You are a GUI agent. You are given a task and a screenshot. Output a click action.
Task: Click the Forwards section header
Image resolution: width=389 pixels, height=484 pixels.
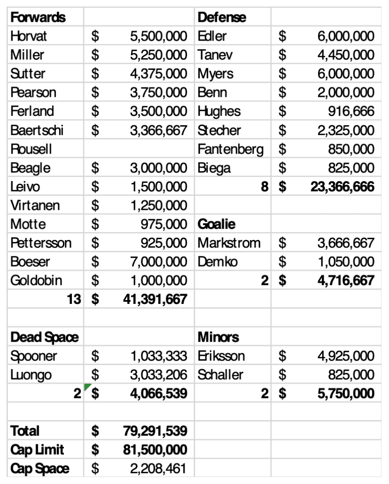pos(38,17)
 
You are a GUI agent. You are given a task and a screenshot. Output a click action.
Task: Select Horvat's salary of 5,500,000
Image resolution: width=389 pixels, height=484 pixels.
pos(159,36)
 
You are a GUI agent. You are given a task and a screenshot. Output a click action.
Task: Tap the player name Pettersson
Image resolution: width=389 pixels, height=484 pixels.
pos(41,243)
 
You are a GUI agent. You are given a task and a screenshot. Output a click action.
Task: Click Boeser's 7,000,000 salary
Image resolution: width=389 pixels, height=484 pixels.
pos(159,262)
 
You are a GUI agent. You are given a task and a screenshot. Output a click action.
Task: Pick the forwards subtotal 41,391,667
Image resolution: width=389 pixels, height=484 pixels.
pos(155,299)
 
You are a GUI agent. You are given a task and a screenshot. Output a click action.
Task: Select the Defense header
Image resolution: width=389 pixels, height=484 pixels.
pos(222,17)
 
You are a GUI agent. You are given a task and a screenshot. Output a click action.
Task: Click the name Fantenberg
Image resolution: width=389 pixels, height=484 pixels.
pos(230,149)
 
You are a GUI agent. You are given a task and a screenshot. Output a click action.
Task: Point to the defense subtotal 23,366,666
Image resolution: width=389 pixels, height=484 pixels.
pos(342,187)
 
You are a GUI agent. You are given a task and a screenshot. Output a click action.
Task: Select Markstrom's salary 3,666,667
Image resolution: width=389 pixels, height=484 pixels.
pos(346,243)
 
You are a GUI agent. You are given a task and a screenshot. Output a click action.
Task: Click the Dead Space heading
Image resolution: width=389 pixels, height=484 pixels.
pos(44,337)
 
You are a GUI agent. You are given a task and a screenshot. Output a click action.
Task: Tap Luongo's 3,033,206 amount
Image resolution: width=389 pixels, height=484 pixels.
pos(159,375)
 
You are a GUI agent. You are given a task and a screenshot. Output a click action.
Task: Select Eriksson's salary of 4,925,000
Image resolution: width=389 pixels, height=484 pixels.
pos(346,356)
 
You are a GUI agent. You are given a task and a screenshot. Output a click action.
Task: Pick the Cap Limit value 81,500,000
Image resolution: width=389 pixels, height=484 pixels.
pos(155,449)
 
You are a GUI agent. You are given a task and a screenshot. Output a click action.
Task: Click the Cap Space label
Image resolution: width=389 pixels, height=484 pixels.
pos(40,468)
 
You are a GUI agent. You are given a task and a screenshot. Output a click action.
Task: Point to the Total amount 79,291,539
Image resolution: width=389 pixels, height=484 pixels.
pos(155,431)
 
